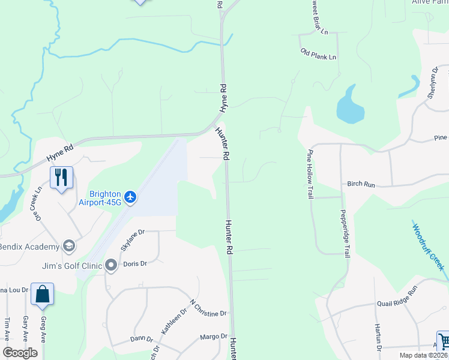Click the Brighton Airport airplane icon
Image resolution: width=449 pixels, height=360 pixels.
point(131,196)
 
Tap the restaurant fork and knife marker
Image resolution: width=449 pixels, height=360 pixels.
point(61,178)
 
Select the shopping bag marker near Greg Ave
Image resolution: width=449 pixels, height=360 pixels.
point(42,294)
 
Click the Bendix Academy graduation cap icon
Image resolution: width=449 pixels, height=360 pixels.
point(69,247)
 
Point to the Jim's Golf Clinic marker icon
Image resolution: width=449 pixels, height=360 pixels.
point(110,265)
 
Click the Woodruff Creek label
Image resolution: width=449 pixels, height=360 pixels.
point(428,246)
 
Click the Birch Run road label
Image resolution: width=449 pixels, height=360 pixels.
point(361,184)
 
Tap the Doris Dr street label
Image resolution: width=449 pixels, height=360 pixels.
point(134,263)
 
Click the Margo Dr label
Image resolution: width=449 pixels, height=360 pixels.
point(214,337)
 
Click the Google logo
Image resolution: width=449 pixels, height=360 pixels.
point(20,353)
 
